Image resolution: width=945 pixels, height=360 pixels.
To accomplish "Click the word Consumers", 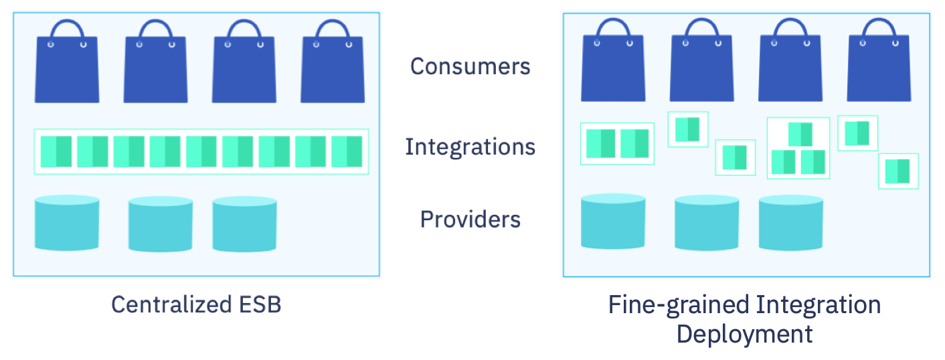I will pyautogui.click(x=470, y=66).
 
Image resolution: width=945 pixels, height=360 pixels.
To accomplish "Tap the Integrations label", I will pyautogui.click(x=470, y=147).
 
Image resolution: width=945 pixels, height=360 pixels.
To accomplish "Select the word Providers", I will pyautogui.click(x=470, y=219).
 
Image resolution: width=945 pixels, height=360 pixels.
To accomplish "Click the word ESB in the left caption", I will pyautogui.click(x=260, y=304).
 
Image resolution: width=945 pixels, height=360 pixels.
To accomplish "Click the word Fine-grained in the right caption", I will pyautogui.click(x=679, y=305).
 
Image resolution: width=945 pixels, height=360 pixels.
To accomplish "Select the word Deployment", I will pyautogui.click(x=744, y=333).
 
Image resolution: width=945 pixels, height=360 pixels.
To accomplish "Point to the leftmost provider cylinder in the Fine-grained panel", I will pyautogui.click(x=612, y=221).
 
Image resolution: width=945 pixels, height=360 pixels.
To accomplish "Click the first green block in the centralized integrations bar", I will pyautogui.click(x=56, y=152).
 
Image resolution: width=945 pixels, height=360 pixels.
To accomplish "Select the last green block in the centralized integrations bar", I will pyautogui.click(x=346, y=152).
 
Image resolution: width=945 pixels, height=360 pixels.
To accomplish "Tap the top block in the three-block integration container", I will pyautogui.click(x=800, y=134).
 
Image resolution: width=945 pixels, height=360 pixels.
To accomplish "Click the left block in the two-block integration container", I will pyautogui.click(x=600, y=144).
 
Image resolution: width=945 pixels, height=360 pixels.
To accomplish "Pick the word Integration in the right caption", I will pyautogui.click(x=818, y=305).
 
